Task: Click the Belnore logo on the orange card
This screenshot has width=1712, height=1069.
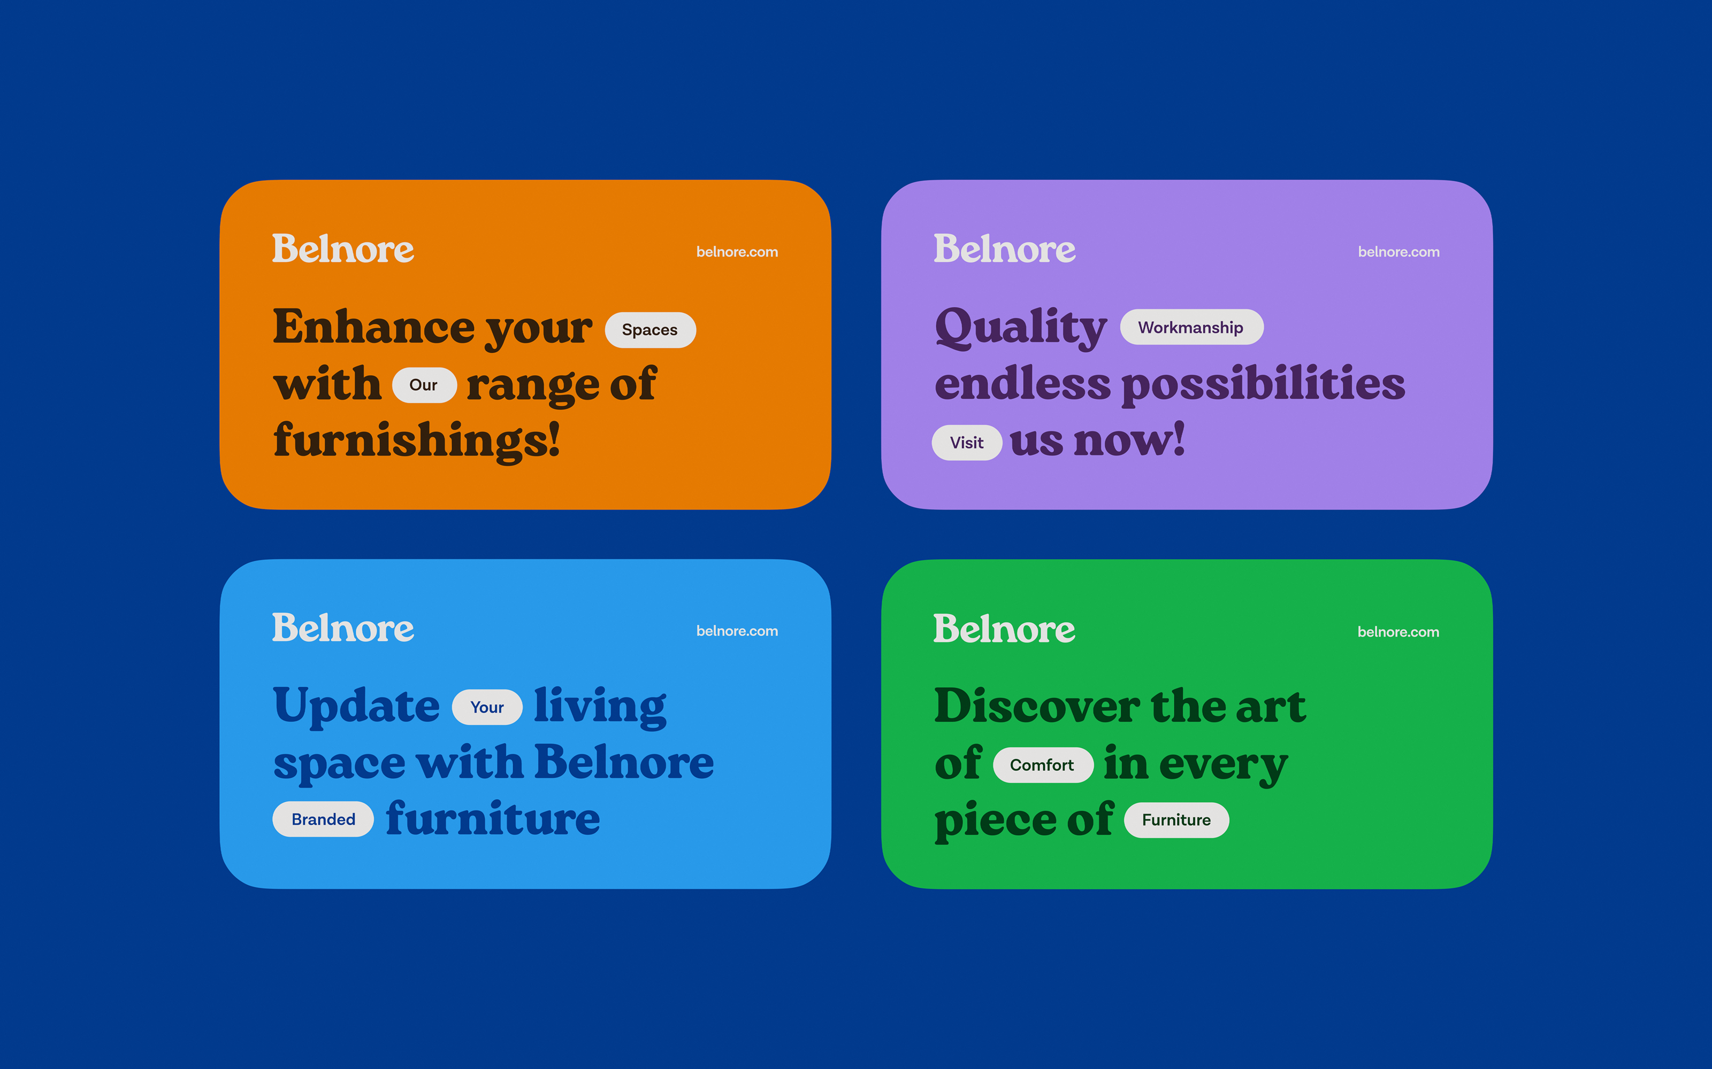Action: point(343,249)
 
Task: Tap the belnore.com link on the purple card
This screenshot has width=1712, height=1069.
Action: point(1398,252)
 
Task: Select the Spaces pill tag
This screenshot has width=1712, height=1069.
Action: point(650,329)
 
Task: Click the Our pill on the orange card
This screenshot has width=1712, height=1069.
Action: point(424,385)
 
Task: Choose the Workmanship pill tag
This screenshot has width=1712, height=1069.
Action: point(1191,327)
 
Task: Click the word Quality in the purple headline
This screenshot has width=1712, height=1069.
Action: point(1021,328)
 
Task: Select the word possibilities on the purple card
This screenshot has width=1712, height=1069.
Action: point(1264,385)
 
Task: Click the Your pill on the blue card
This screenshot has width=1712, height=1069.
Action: point(487,707)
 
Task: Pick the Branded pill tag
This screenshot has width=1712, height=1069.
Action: point(323,819)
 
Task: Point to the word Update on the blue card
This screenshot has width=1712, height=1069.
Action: point(356,706)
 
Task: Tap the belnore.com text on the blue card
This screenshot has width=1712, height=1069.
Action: point(737,631)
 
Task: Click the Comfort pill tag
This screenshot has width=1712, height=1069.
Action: point(1043,765)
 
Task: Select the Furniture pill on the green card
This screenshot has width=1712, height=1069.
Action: point(1176,820)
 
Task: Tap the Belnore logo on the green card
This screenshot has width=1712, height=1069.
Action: point(1005,629)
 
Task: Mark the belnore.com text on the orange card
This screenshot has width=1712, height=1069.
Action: point(737,252)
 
